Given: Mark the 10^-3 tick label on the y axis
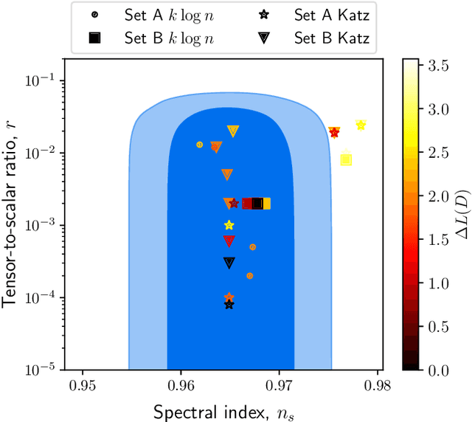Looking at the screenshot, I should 41,225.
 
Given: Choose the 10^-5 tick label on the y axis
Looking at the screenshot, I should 41,370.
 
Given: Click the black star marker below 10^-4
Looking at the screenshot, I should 229,305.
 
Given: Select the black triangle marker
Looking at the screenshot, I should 229,263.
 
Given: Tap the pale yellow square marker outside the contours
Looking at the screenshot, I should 346,159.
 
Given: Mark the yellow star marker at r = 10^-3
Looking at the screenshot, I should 229,225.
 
